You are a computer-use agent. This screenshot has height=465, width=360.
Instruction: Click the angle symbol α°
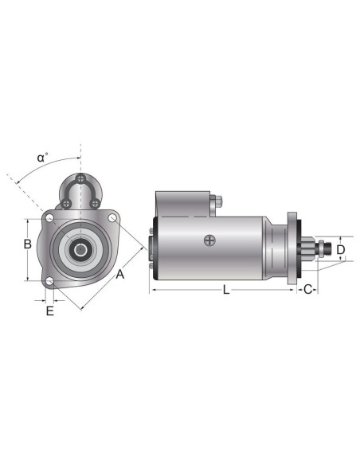coord(42,157)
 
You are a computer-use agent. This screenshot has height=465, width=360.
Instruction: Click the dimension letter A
coord(119,275)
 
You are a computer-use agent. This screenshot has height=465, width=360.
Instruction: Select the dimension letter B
coord(26,245)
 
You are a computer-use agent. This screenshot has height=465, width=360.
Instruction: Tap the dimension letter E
coord(49,311)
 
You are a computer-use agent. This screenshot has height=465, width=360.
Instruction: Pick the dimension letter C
coord(308,290)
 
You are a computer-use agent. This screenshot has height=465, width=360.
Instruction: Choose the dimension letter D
coord(340,250)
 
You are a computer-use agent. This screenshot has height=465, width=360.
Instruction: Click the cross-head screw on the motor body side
coord(209,240)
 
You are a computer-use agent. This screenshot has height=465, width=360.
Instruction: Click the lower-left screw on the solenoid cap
coord(67,204)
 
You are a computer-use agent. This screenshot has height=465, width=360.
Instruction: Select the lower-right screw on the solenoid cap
coord(95,204)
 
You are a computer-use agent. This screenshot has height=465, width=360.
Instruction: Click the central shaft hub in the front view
coord(80,250)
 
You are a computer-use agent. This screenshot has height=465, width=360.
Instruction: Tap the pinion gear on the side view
coord(310,249)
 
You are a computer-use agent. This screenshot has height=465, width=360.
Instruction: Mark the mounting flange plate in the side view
coord(292,248)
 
